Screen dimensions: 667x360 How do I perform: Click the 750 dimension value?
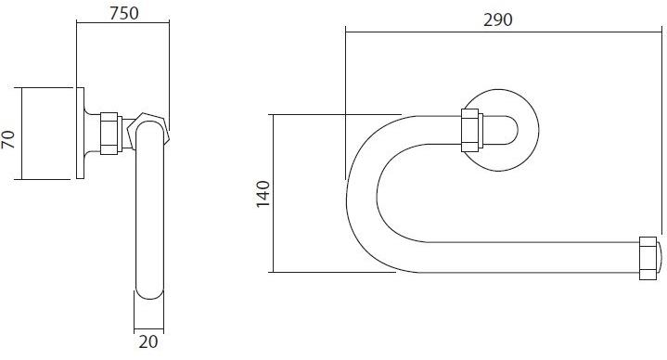click(x=123, y=13)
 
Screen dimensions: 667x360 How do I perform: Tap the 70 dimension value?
click(x=8, y=139)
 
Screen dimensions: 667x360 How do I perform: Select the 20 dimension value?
click(x=148, y=341)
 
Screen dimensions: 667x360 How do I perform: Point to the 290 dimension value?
click(x=497, y=19)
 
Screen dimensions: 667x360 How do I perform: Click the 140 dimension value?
click(x=263, y=194)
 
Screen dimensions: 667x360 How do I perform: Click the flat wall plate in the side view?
click(x=81, y=134)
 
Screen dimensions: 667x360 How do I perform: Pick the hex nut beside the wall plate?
click(x=109, y=134)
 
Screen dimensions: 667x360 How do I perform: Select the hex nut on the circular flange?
click(x=470, y=130)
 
